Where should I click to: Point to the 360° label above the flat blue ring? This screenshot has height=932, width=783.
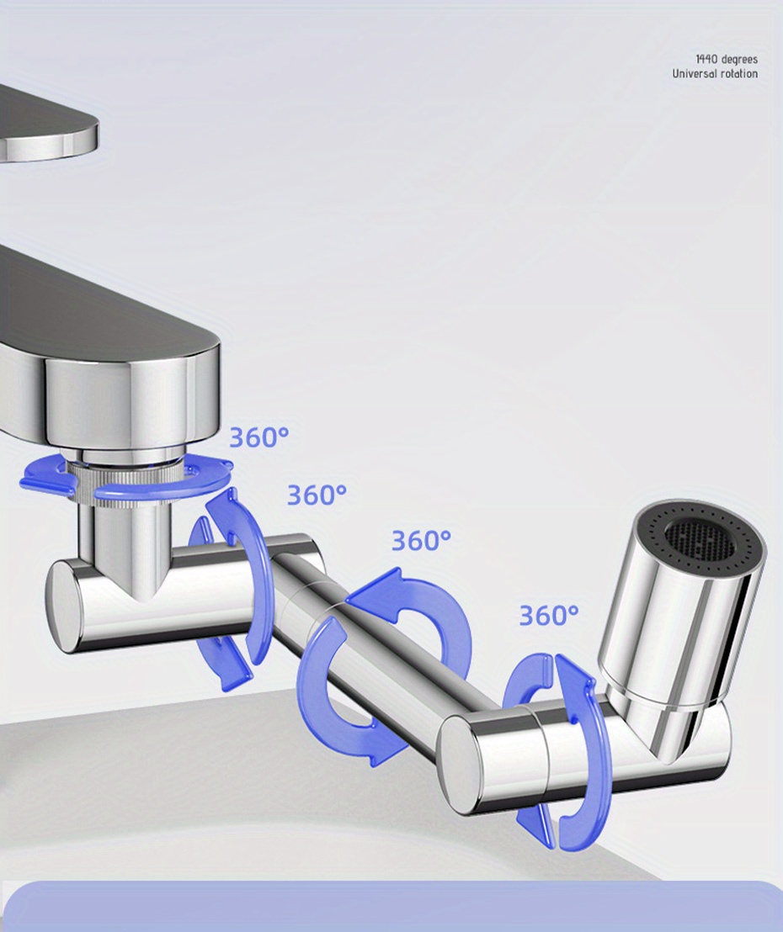[258, 437]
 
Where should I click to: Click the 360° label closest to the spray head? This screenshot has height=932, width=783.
[548, 616]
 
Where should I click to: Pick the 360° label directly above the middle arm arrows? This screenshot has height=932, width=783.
[421, 540]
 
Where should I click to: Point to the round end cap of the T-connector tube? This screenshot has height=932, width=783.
[63, 606]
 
